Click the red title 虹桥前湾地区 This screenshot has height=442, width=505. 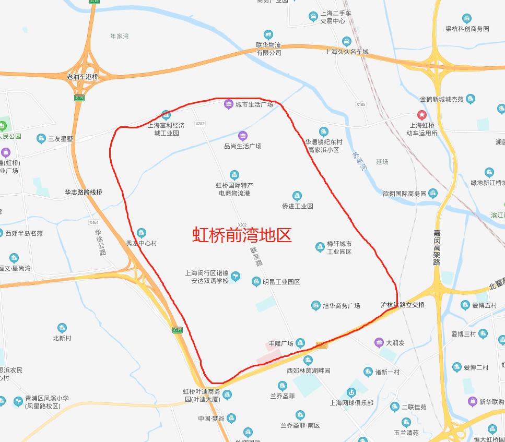pyautogui.click(x=242, y=235)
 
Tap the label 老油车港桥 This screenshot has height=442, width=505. pyautogui.click(x=83, y=77)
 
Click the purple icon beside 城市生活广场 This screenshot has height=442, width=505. pyautogui.click(x=228, y=104)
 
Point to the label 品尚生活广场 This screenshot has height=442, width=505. pyautogui.click(x=243, y=146)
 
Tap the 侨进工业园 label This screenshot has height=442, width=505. pyautogui.click(x=297, y=206)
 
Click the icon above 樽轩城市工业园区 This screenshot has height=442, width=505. pyautogui.click(x=320, y=247)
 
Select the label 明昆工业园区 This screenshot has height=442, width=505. pyautogui.click(x=281, y=282)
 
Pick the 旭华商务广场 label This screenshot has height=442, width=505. pyautogui.click(x=342, y=306)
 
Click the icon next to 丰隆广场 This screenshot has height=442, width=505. pyautogui.click(x=300, y=343)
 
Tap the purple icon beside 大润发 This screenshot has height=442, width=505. pyautogui.click(x=379, y=343)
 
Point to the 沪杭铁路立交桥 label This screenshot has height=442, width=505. pyautogui.click(x=403, y=305)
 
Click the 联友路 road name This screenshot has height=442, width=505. pyautogui.click(x=255, y=256)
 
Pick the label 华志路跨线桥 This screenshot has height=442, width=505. pyautogui.click(x=84, y=192)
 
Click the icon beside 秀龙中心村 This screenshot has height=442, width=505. pyautogui.click(x=142, y=233)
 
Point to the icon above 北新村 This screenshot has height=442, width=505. pyautogui.click(x=62, y=328)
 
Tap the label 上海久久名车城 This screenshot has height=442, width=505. pyautogui.click(x=347, y=52)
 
